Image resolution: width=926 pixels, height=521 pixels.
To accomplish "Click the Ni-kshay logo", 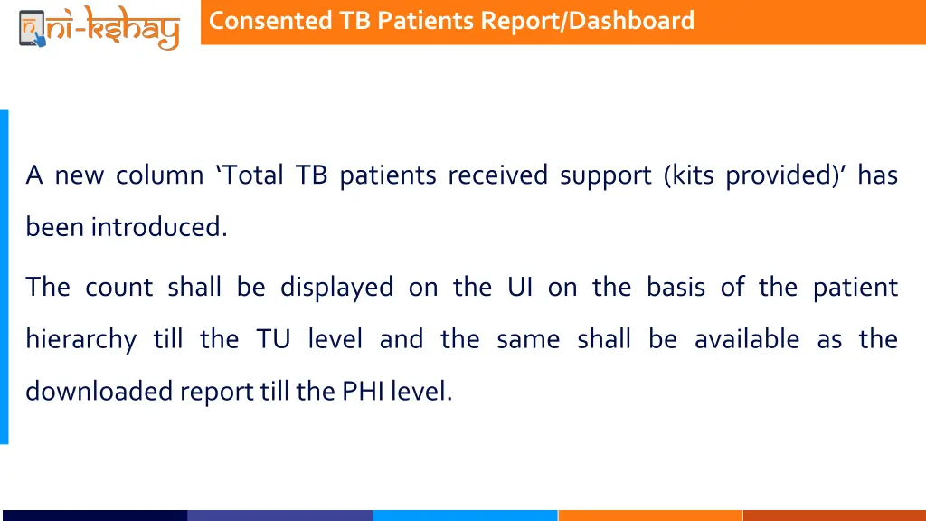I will point(99,26).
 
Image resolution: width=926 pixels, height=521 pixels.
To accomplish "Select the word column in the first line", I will point(159,175).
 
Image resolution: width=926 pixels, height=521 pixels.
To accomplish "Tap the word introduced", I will point(158,227).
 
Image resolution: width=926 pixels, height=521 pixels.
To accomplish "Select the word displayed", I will point(336,288).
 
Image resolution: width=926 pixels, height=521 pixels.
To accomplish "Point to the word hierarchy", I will point(80,340).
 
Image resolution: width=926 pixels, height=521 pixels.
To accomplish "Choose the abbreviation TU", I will point(273,340).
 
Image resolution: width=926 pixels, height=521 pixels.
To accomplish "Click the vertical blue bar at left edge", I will point(5,277).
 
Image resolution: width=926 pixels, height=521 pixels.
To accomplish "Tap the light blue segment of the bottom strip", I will point(465,516).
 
